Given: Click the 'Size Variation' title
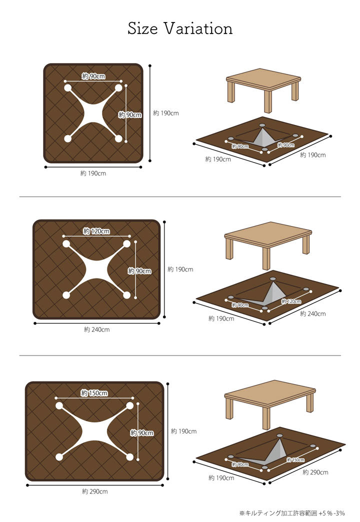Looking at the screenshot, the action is [x=180, y=28].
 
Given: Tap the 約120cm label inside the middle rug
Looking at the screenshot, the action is [x=96, y=231].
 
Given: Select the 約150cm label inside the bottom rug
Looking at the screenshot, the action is [x=94, y=393].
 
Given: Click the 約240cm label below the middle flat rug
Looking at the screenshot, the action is [x=97, y=329].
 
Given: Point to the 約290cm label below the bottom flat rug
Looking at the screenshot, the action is [x=95, y=491].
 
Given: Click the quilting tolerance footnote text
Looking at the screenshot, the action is [x=292, y=513].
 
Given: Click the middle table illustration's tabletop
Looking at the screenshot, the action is [x=268, y=234].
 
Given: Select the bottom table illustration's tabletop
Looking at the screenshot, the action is [x=270, y=393].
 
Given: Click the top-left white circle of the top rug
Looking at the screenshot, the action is [x=68, y=88].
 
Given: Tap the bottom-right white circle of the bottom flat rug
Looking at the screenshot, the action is [x=130, y=457].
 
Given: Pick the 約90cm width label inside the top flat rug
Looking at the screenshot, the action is [x=93, y=76].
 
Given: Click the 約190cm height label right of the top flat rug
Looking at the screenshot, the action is [x=166, y=113].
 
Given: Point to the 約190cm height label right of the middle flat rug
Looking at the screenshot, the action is [x=180, y=269].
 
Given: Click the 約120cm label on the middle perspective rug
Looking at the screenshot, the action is [x=291, y=301].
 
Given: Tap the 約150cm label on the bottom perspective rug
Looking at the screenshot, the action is [x=295, y=459].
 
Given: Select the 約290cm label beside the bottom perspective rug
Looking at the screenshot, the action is [x=315, y=472].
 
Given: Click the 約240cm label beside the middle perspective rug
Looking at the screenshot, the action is [x=312, y=313].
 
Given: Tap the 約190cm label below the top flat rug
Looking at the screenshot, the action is [x=93, y=173].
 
